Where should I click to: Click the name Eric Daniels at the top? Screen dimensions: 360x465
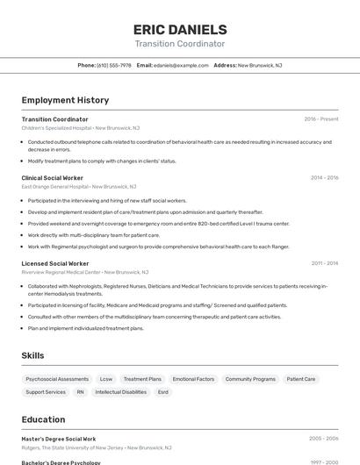click(x=180, y=29)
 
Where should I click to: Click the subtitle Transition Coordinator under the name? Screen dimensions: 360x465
click(x=180, y=43)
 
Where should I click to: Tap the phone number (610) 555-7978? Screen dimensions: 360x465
click(x=114, y=65)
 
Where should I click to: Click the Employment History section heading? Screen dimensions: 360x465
click(x=65, y=100)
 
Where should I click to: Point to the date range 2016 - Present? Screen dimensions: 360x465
click(x=321, y=118)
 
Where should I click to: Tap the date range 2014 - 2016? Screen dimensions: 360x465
click(x=324, y=177)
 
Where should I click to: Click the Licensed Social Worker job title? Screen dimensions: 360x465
click(x=55, y=263)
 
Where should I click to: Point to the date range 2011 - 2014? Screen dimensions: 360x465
click(x=324, y=263)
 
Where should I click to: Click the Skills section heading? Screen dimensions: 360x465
click(x=33, y=355)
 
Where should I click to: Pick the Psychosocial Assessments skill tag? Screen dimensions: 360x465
click(x=57, y=379)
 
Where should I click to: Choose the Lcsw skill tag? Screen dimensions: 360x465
click(x=106, y=379)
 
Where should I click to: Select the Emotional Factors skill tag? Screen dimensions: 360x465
click(x=193, y=379)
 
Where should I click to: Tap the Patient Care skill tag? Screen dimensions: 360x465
click(x=301, y=379)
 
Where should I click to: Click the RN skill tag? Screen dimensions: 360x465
click(x=81, y=392)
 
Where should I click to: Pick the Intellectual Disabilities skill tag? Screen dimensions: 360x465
click(x=122, y=392)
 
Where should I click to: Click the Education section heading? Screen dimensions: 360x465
click(x=43, y=419)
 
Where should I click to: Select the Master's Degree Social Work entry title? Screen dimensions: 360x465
click(x=59, y=439)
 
